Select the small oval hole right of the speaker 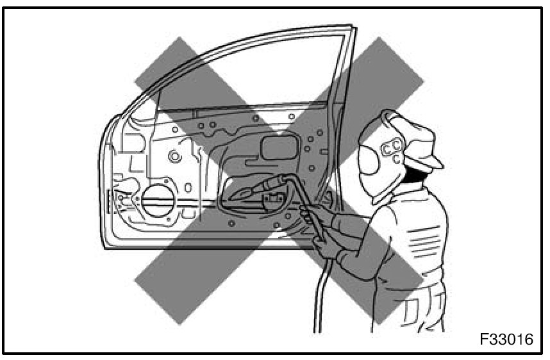[x=188, y=188]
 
